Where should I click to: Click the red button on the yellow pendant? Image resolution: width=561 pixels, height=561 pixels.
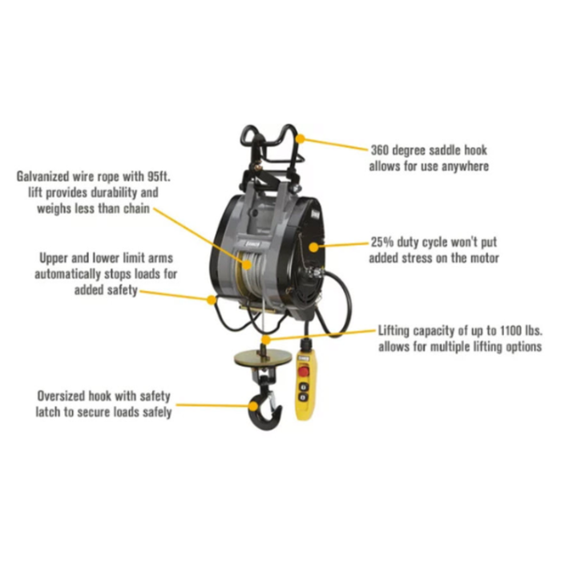click(x=303, y=371)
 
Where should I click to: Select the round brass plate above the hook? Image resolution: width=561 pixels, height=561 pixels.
click(x=263, y=357)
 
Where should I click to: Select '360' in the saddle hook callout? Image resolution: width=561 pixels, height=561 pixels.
click(x=380, y=150)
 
